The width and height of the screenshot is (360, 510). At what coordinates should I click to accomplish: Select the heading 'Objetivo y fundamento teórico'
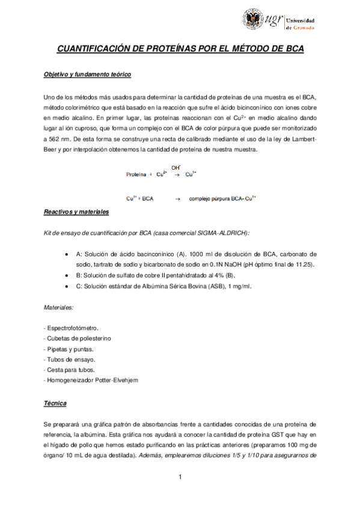87,75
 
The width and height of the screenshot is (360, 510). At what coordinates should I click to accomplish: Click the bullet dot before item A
65,255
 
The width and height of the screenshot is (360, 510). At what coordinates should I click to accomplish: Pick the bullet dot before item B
65,276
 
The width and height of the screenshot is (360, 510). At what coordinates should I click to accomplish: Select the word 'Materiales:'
59,307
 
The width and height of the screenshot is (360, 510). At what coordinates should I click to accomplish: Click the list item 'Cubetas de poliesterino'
75,339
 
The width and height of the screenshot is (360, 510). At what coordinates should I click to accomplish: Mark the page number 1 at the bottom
180,478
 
